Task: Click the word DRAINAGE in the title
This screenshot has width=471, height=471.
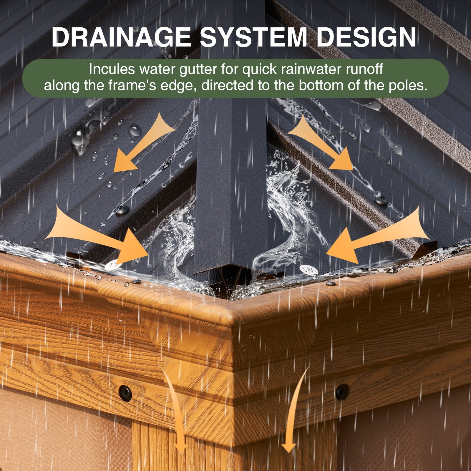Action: (121, 37)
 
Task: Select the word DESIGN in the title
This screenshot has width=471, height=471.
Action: (366, 37)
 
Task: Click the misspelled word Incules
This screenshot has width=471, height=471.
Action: (112, 69)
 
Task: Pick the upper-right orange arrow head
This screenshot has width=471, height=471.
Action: (341, 159)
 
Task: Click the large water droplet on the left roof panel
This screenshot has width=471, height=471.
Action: (135, 130)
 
